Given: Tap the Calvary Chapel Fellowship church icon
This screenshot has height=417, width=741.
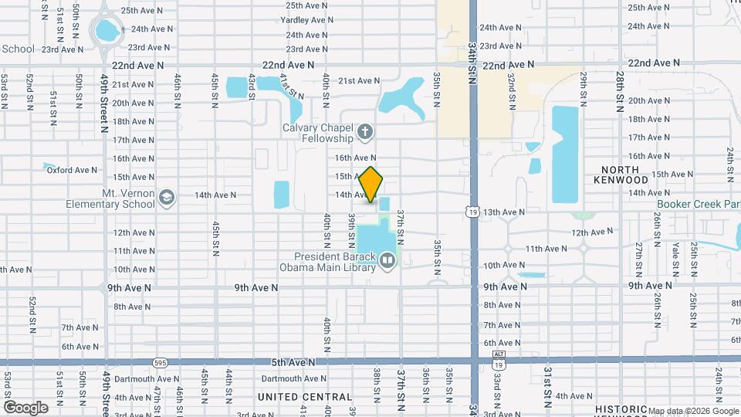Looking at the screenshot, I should pos(365,133).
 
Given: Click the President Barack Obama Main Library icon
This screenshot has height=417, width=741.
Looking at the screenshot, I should pos(387,263).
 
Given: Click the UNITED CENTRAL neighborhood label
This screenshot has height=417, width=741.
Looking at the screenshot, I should pos(295,397).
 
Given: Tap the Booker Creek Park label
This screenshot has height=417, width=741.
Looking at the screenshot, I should pos(698,205).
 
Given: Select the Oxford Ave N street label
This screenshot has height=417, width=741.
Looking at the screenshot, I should pos(72,170).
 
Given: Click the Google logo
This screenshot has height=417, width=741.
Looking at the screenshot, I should pos(25,407).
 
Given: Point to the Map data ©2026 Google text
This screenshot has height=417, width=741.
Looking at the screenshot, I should pos(692,411).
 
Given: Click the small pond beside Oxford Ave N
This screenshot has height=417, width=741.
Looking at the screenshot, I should pos(49,166).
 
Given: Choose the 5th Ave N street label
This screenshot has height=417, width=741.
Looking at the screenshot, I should pos(293,361).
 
